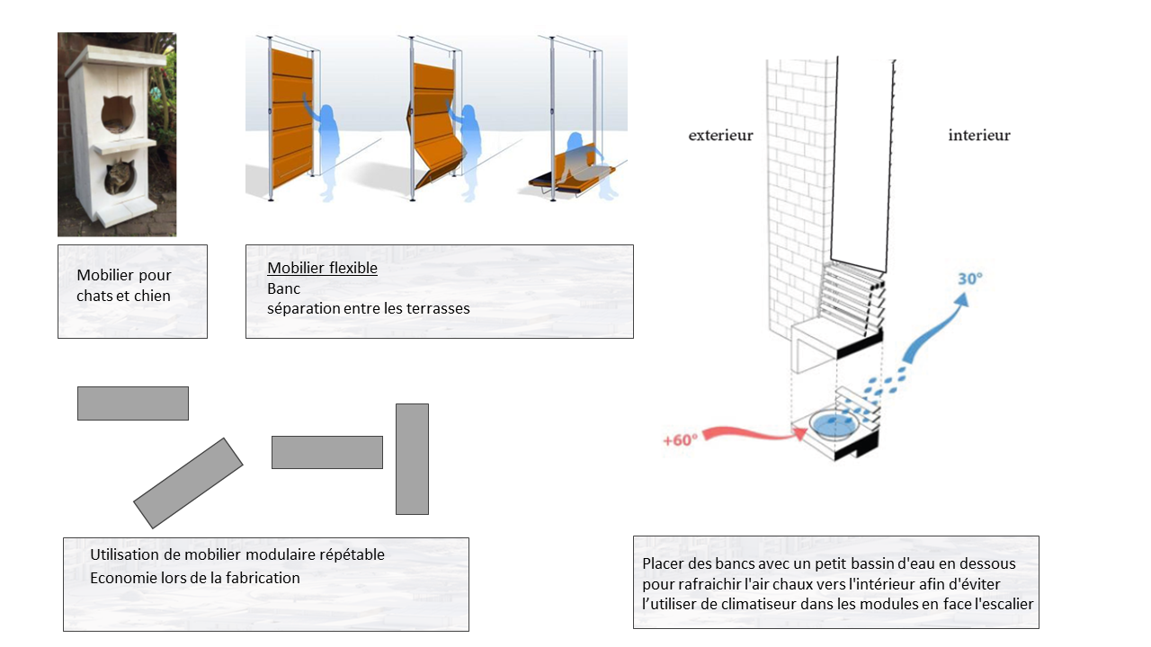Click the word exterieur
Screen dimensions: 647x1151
pos(720,136)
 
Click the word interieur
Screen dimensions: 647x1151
pos(978,136)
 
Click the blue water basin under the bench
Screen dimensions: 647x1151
pos(834,423)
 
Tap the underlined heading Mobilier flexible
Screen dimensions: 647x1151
pos(322,269)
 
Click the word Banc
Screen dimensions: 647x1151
pos(283,288)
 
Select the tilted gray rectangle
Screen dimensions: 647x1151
pos(188,483)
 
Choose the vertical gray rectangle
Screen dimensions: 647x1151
pos(412,458)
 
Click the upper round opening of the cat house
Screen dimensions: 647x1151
pos(117,114)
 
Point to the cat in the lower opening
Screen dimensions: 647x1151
pos(119,178)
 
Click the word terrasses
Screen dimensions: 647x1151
pos(439,308)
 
